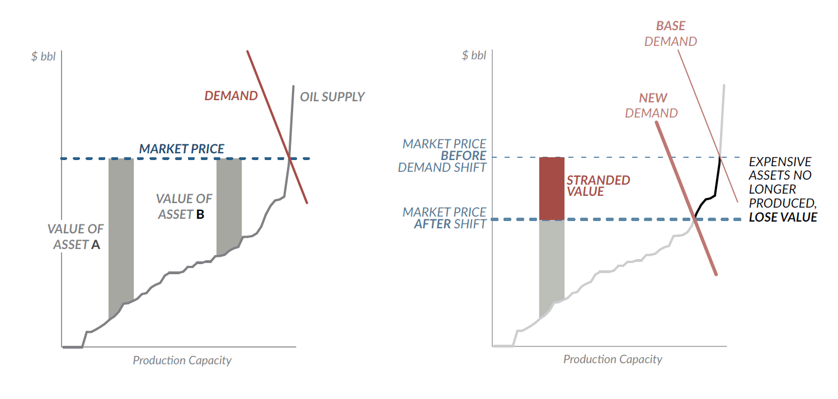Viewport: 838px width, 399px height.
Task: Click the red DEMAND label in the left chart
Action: coord(231,96)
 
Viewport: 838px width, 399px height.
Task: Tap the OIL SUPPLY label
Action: coord(332,97)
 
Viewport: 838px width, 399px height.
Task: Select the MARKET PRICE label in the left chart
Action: coord(181,149)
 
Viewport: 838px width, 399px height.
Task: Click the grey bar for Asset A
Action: coord(121,232)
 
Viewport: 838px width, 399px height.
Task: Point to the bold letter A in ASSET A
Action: coord(96,245)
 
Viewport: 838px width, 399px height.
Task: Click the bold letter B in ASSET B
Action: coord(200,214)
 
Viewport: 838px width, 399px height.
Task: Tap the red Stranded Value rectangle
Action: coord(552,188)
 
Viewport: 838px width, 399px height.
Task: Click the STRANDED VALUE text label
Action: coord(598,186)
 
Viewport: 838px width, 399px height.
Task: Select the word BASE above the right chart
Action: coord(670,26)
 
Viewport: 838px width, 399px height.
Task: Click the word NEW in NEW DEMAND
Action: coord(653,98)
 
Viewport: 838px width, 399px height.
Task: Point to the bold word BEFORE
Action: coord(463,156)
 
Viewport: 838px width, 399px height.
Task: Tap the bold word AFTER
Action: coord(432,224)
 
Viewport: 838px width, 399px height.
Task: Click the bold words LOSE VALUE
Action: coord(783,218)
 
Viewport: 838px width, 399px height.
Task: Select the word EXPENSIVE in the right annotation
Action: coord(780,162)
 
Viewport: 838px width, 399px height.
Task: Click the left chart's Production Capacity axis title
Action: coord(182,360)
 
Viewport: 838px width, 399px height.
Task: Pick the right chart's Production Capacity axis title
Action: coord(613,359)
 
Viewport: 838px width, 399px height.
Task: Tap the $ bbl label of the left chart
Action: coord(44,56)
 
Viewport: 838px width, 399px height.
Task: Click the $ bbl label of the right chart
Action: coord(474,55)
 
